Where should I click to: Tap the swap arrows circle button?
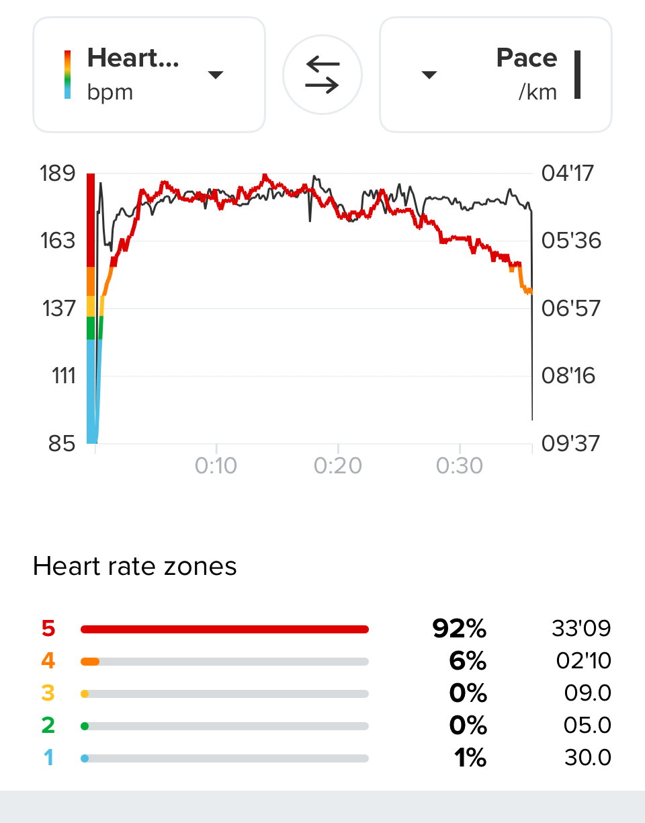click(x=322, y=74)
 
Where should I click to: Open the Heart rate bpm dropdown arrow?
click(x=215, y=75)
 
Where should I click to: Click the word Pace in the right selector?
click(x=527, y=58)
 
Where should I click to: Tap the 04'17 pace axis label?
click(x=568, y=173)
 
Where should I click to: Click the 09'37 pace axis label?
click(x=571, y=443)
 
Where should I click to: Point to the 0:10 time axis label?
click(x=216, y=465)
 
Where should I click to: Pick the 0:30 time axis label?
click(x=460, y=465)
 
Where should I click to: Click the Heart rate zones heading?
click(x=135, y=567)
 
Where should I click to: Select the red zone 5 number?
click(x=48, y=629)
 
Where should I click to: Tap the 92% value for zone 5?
click(x=460, y=629)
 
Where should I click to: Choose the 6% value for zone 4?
click(x=468, y=662)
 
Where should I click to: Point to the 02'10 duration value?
click(x=584, y=662)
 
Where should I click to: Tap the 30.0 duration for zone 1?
click(x=588, y=758)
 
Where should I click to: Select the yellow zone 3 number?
click(x=48, y=694)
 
